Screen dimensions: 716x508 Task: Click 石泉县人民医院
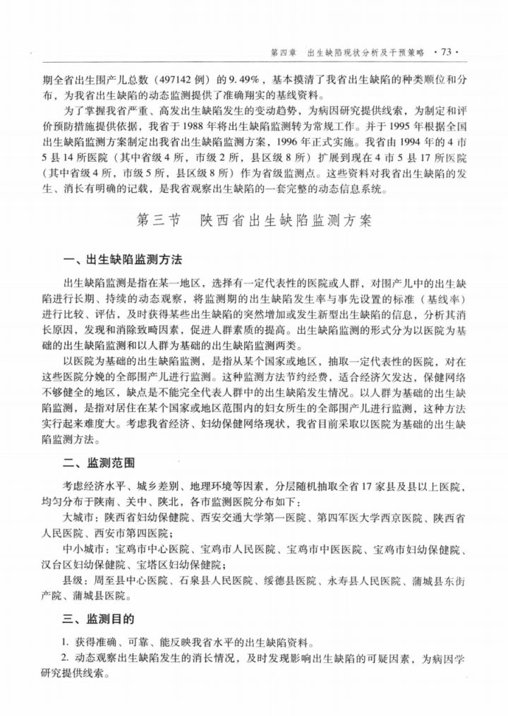point(218,581)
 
